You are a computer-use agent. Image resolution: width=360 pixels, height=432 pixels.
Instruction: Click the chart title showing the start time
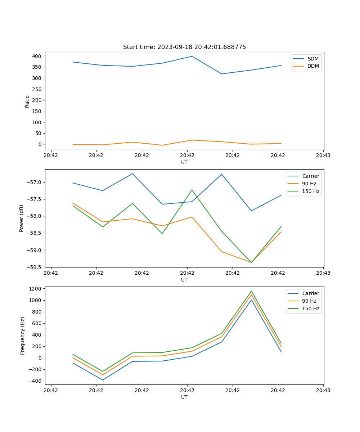tap(184, 47)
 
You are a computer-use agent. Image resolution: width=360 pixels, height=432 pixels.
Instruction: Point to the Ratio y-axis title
tap(27, 101)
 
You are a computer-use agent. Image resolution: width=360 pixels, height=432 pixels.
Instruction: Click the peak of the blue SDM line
tap(192, 56)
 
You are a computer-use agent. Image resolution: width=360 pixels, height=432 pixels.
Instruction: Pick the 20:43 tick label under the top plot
tap(323, 156)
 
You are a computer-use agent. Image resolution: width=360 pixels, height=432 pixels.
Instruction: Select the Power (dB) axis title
tap(22, 218)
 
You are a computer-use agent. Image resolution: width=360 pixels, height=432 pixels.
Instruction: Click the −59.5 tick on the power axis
tap(35, 267)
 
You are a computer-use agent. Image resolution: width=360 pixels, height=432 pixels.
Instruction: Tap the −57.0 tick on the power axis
tap(35, 182)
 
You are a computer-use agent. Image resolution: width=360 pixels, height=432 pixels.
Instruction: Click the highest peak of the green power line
tap(192, 190)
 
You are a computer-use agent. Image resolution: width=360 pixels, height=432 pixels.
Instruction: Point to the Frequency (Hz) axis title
tap(23, 336)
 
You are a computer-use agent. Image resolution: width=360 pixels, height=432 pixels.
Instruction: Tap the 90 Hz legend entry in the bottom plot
tap(309, 301)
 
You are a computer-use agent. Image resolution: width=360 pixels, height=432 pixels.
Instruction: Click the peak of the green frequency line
tap(251, 291)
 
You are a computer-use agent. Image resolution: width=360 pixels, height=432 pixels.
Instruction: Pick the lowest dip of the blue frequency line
tap(103, 380)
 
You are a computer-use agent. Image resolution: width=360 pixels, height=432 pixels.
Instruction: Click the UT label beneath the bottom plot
tap(184, 397)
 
